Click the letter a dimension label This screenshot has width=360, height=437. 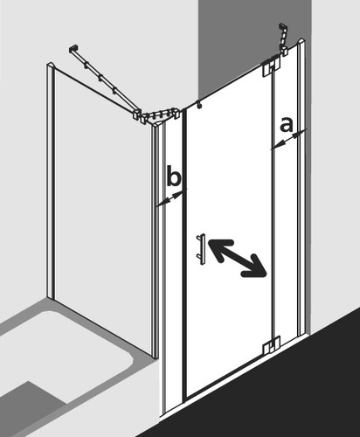tap(286, 124)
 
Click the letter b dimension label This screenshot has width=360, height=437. tap(174, 176)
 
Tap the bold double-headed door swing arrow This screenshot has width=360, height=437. tap(238, 258)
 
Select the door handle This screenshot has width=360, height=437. tap(202, 249)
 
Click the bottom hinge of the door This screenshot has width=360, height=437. tap(272, 344)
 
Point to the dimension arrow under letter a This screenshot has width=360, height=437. tap(288, 140)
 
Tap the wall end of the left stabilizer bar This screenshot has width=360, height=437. tap(73, 49)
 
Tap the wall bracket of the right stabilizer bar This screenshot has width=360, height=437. tap(283, 28)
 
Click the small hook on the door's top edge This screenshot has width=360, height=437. tap(198, 104)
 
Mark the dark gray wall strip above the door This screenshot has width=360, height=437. tap(254, 44)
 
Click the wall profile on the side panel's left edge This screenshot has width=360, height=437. tap(51, 181)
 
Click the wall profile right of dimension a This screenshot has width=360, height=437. tap(301, 186)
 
